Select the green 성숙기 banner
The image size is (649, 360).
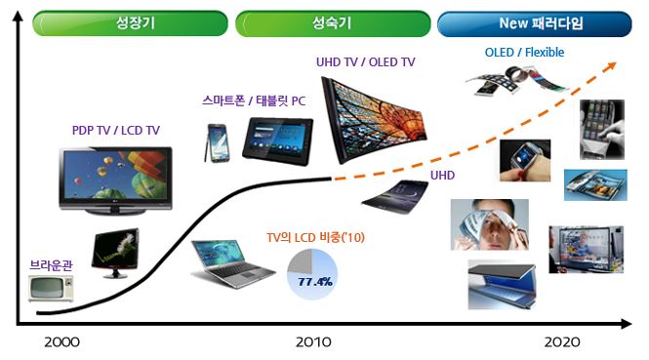click(332, 22)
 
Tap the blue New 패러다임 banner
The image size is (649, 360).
click(532, 22)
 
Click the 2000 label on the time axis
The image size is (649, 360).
click(61, 342)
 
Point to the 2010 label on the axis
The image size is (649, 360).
click(311, 342)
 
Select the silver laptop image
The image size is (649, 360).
click(231, 262)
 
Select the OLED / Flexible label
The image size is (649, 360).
click(524, 52)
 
